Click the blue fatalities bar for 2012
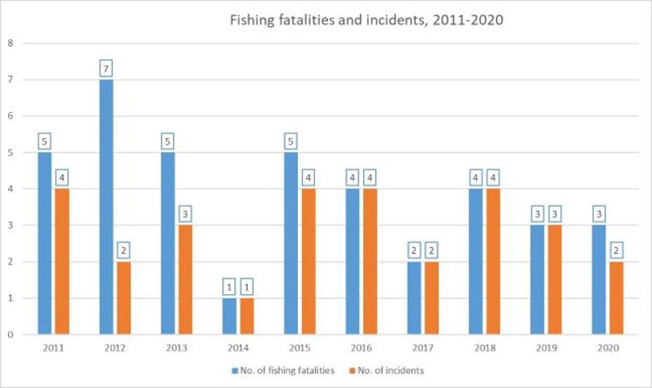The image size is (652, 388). point(106,207)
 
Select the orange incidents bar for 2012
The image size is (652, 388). point(123,298)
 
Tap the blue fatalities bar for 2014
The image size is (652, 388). point(229,316)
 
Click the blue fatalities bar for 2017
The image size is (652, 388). point(415,298)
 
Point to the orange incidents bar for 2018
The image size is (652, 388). point(493,261)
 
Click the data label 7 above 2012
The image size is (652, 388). point(106,69)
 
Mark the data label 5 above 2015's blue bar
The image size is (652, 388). point(291,142)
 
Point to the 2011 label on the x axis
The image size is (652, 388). point(53,346)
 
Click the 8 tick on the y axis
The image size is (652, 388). point(10,42)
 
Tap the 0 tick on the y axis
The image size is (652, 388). point(10,334)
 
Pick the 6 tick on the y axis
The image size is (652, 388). point(10,115)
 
